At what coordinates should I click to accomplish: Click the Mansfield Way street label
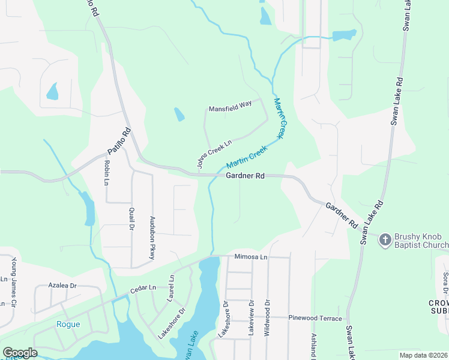click(x=230, y=109)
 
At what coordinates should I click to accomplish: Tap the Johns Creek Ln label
click(x=214, y=154)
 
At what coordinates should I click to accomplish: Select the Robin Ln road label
click(x=107, y=173)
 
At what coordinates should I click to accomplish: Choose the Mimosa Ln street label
click(x=250, y=256)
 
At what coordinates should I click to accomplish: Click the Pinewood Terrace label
click(x=315, y=317)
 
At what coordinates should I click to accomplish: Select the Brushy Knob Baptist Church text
click(x=421, y=241)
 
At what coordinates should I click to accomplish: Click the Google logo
click(x=20, y=353)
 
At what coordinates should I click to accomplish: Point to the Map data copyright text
click(x=423, y=355)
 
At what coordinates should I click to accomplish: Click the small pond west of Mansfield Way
click(x=179, y=114)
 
